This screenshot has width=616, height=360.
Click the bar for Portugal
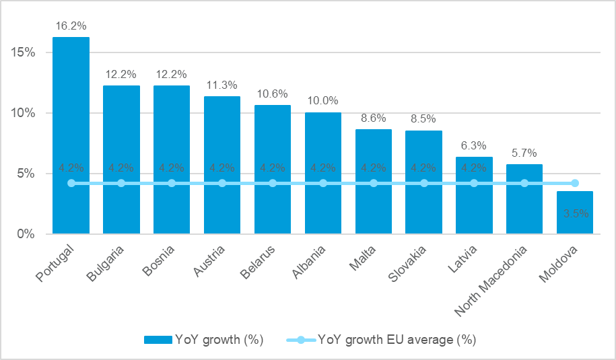[71, 135]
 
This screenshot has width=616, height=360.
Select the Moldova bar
[575, 213]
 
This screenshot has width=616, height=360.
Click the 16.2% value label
[71, 26]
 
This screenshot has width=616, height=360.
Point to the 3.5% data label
[575, 213]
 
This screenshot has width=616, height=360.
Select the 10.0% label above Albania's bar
[322, 101]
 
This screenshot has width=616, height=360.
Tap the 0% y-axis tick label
[26, 234]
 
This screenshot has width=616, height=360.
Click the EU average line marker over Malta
[374, 183]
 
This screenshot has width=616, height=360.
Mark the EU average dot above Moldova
[575, 183]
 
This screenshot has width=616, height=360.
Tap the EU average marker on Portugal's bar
[71, 183]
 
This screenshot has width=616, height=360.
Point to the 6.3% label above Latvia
[474, 145]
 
